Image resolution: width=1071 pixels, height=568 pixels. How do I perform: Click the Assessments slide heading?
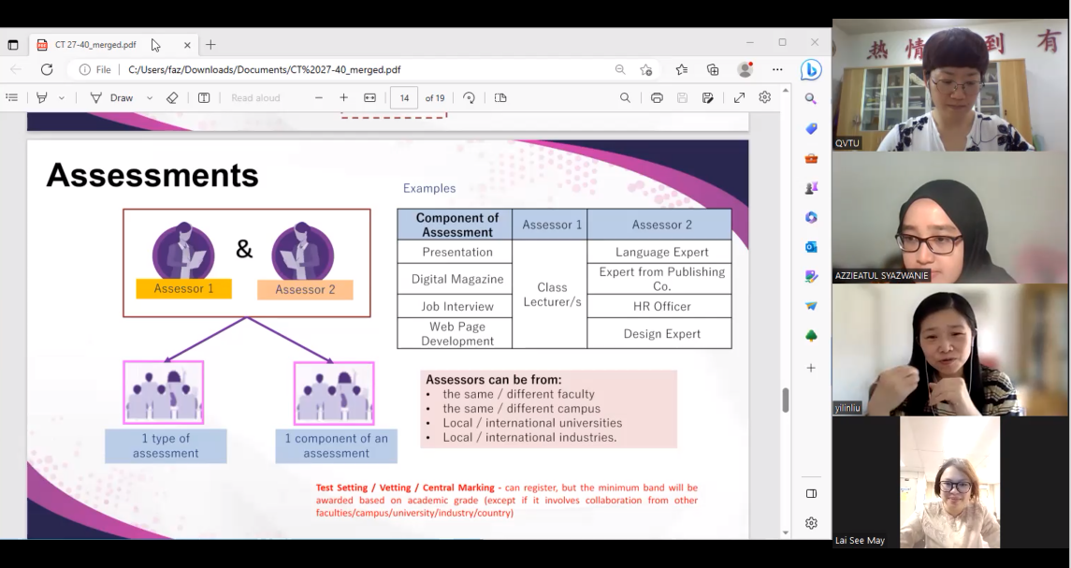(x=152, y=175)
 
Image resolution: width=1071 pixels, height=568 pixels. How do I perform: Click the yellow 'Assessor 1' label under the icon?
(x=183, y=288)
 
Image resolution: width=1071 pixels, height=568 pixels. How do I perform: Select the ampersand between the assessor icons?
(x=244, y=250)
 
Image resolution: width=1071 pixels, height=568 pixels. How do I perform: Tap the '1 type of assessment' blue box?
(x=166, y=445)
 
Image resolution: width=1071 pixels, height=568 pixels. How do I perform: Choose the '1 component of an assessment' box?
(x=336, y=445)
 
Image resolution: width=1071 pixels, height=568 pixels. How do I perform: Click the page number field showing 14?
(x=404, y=97)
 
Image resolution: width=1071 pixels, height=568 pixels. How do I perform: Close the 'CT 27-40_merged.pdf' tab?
(x=187, y=45)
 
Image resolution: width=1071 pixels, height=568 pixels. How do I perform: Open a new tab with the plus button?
(x=210, y=45)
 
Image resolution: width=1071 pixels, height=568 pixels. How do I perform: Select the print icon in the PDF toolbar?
(x=657, y=97)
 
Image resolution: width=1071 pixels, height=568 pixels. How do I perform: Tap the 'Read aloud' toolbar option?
(x=255, y=97)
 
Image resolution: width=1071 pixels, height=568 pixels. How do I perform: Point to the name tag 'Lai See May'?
(x=860, y=540)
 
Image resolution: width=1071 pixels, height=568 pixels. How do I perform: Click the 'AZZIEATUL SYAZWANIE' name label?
(x=882, y=275)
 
